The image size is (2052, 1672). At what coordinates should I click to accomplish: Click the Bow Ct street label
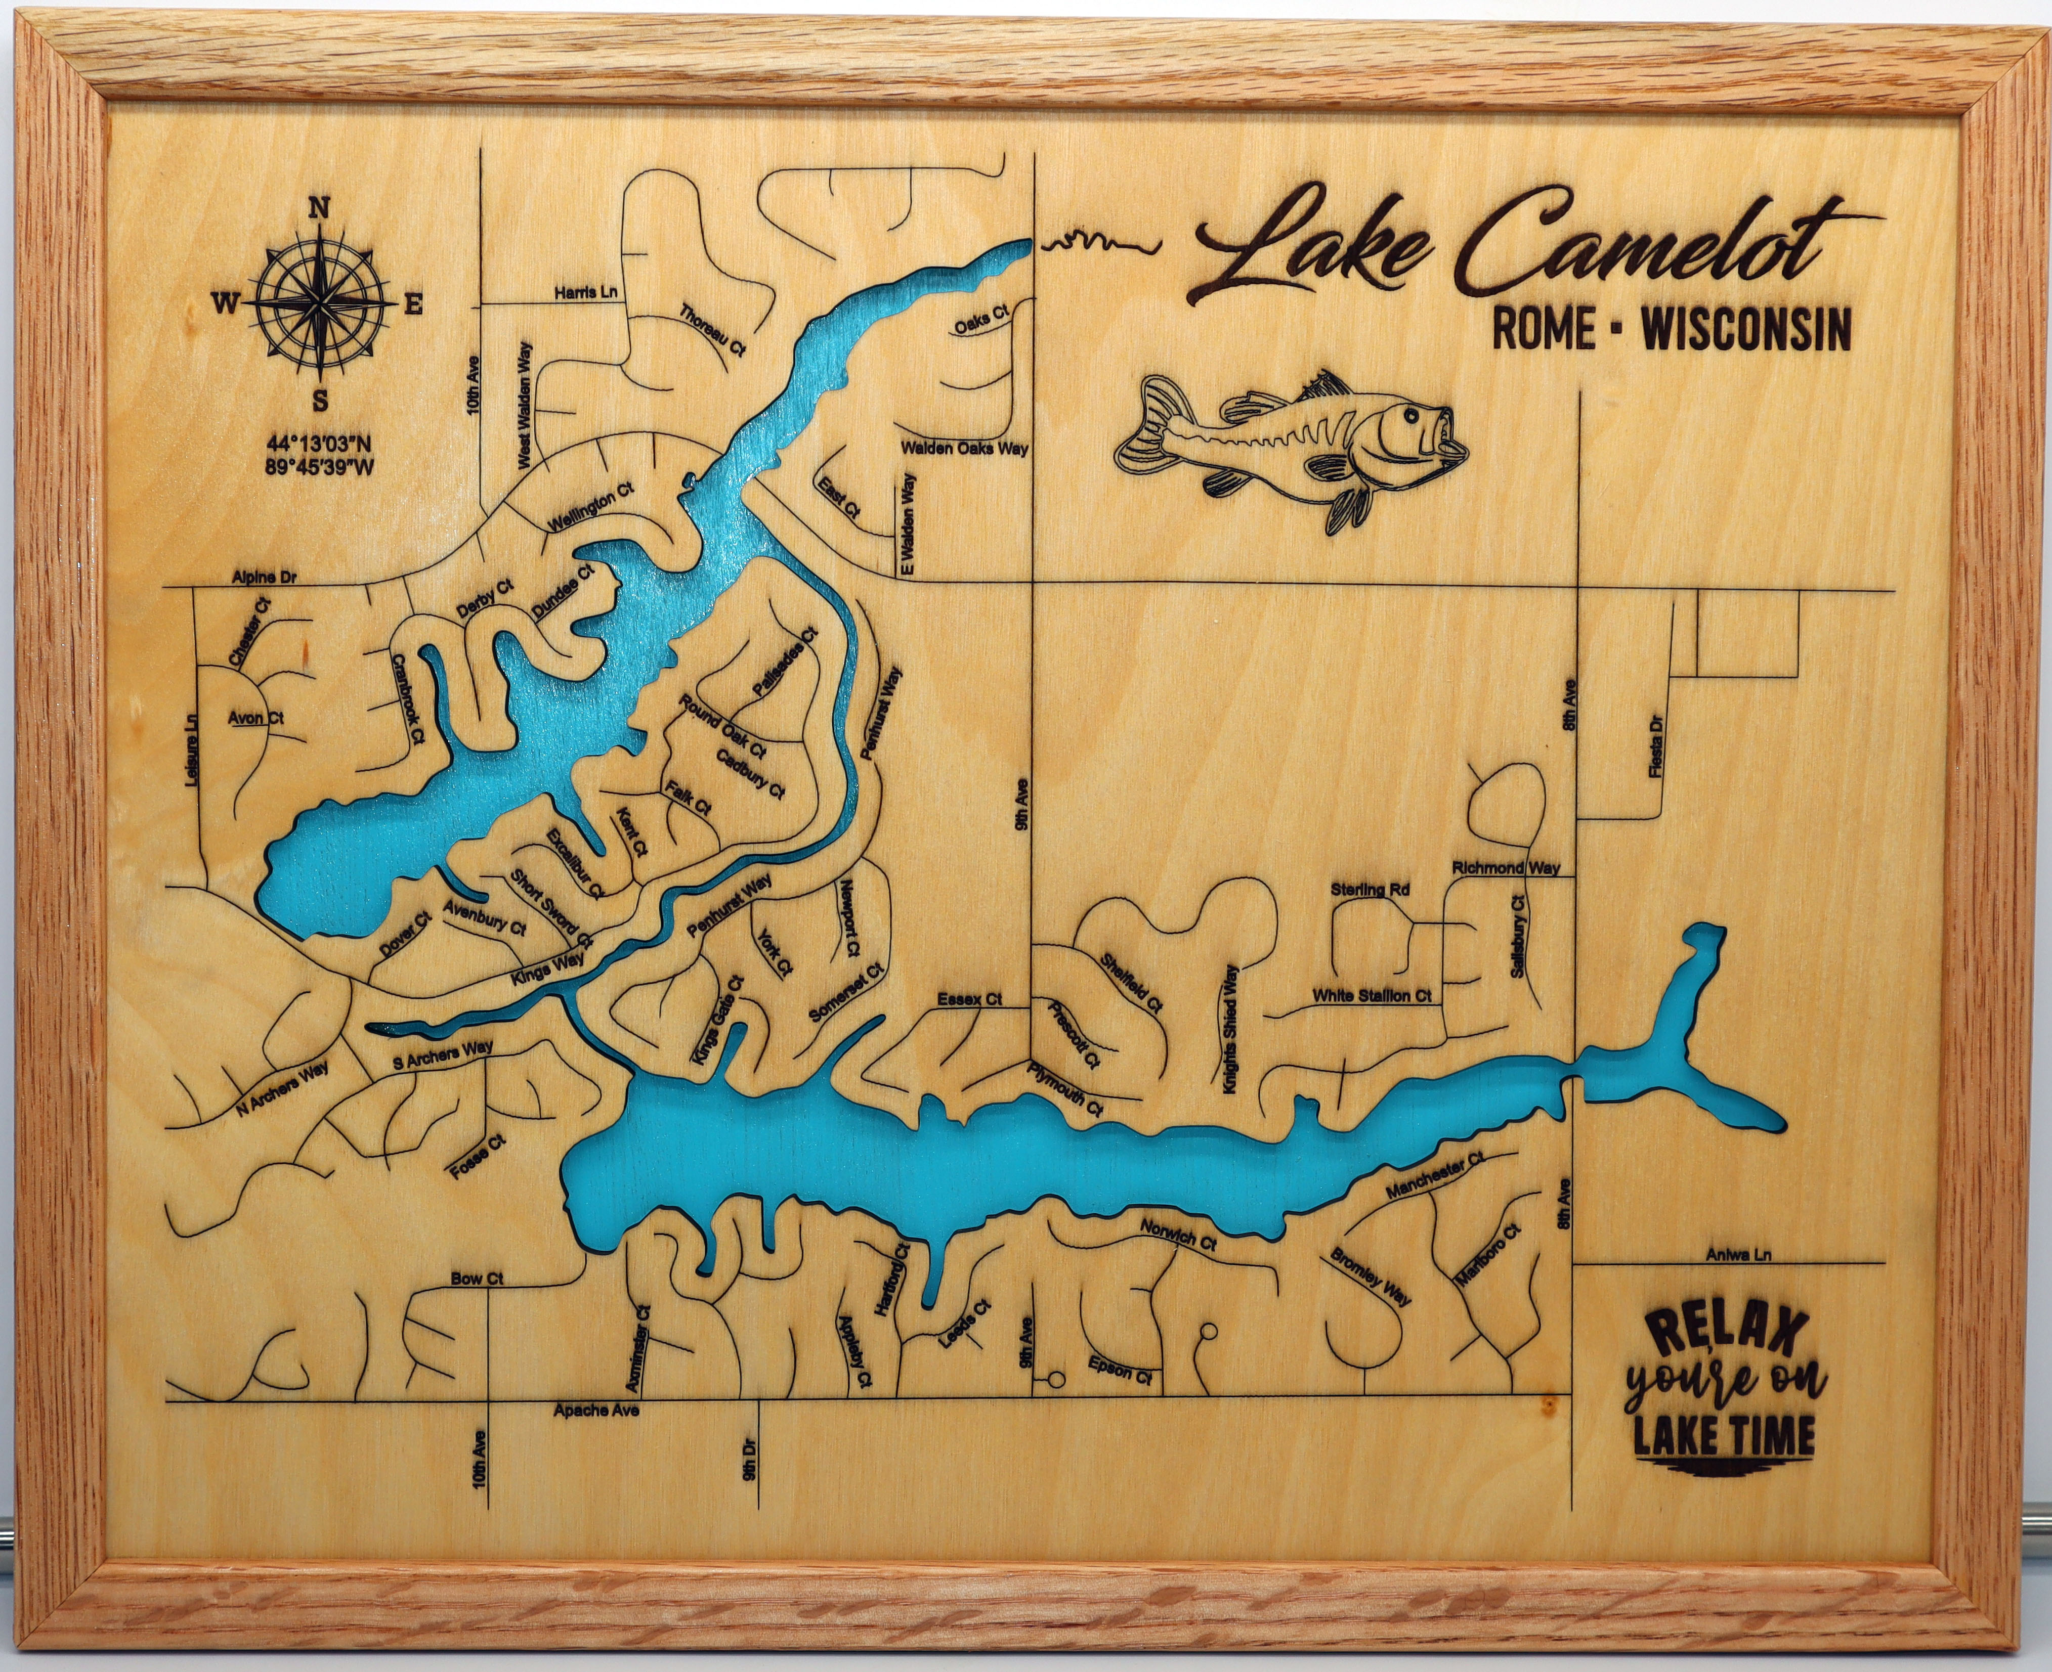(478, 1279)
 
